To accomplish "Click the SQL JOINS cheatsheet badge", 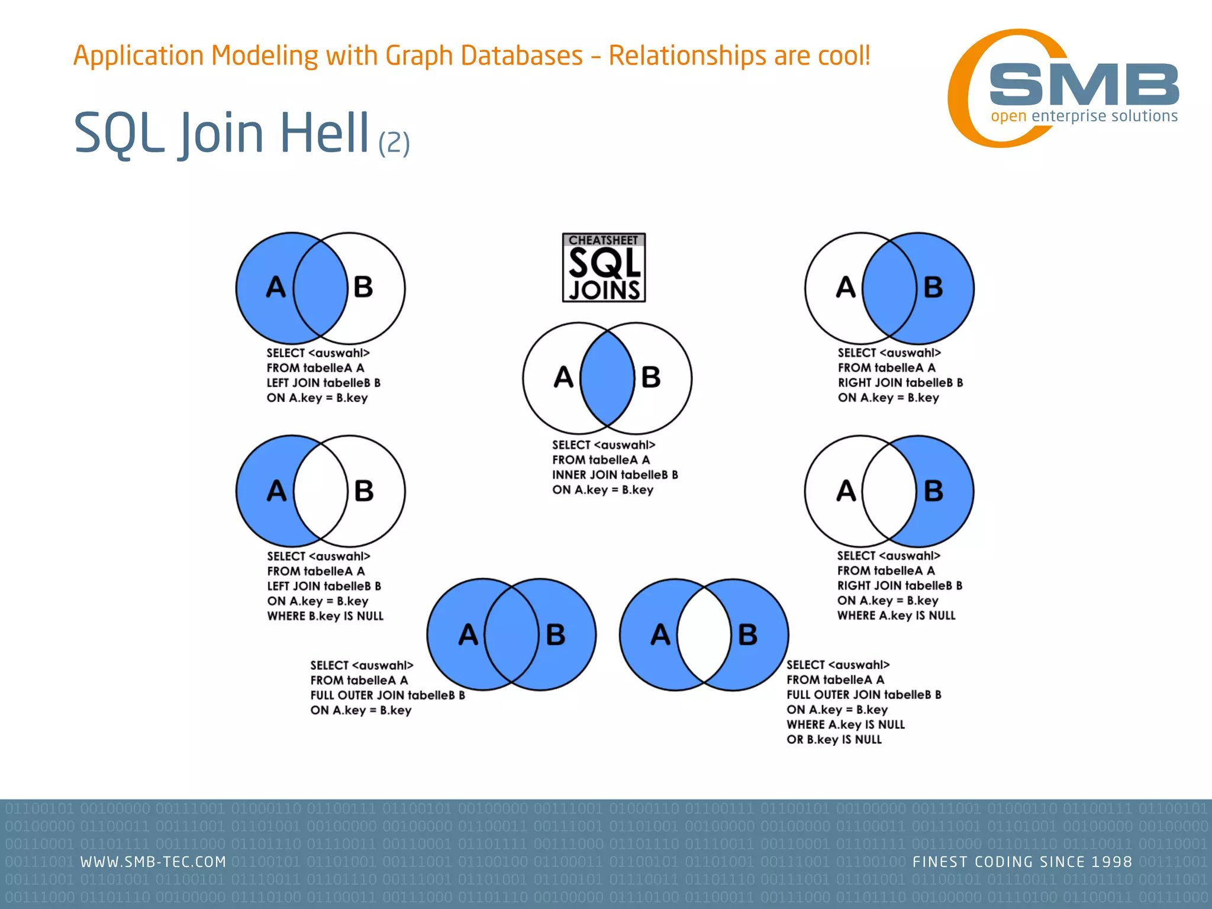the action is point(604,267).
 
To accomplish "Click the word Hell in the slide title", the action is point(324,133).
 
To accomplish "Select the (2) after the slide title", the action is point(394,143).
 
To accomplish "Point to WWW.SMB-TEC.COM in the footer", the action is point(153,862).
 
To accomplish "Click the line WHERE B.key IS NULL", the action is point(325,616).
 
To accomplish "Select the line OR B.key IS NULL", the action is point(834,739).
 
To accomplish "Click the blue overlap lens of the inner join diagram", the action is point(607,378).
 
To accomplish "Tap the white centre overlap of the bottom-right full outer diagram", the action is point(704,634).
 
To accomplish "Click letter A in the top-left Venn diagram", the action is point(276,288).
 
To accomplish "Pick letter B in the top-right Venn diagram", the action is point(933,288).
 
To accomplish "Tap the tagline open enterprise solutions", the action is point(1084,116).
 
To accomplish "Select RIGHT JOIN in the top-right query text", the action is point(870,383).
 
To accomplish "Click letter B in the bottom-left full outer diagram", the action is point(555,634).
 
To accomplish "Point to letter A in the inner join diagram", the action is point(563,378).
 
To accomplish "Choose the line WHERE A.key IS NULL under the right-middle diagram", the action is point(896,615).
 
